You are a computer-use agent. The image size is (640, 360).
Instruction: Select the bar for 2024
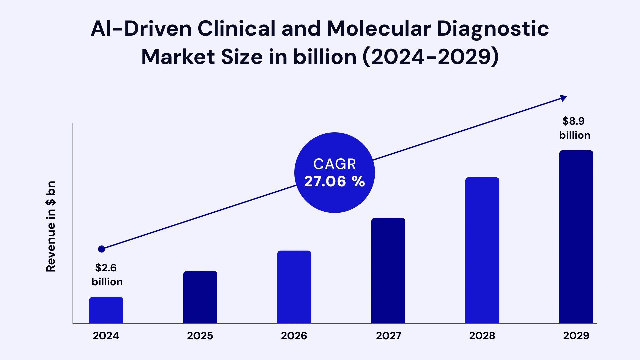pyautogui.click(x=106, y=310)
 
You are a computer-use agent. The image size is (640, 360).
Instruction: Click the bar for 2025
pyautogui.click(x=200, y=297)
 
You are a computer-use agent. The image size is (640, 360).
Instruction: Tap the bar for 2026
pyautogui.click(x=294, y=287)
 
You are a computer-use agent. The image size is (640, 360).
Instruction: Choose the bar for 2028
pyautogui.click(x=482, y=250)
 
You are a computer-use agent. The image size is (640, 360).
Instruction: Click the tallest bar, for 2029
pyautogui.click(x=576, y=237)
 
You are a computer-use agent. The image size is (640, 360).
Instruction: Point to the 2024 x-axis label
pyautogui.click(x=106, y=336)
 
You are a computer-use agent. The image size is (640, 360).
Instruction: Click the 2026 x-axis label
pyautogui.click(x=294, y=336)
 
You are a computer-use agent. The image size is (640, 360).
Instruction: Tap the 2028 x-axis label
pyautogui.click(x=482, y=336)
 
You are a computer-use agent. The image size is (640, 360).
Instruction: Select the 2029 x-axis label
pyautogui.click(x=576, y=336)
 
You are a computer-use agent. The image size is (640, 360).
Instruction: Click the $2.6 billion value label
pyautogui.click(x=107, y=275)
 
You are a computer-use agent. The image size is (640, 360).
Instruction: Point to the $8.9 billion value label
pyautogui.click(x=574, y=128)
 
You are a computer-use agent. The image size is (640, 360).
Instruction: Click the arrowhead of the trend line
pyautogui.click(x=563, y=98)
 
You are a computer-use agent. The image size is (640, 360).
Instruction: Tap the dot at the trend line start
pyautogui.click(x=102, y=249)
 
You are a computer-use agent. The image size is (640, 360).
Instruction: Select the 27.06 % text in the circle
pyautogui.click(x=334, y=182)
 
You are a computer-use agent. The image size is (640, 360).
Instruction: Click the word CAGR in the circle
pyautogui.click(x=334, y=164)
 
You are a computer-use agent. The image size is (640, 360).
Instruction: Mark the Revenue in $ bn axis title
pyautogui.click(x=51, y=226)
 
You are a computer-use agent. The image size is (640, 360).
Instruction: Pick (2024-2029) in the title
pyautogui.click(x=430, y=57)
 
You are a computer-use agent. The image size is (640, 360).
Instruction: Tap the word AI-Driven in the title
pyautogui.click(x=141, y=29)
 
